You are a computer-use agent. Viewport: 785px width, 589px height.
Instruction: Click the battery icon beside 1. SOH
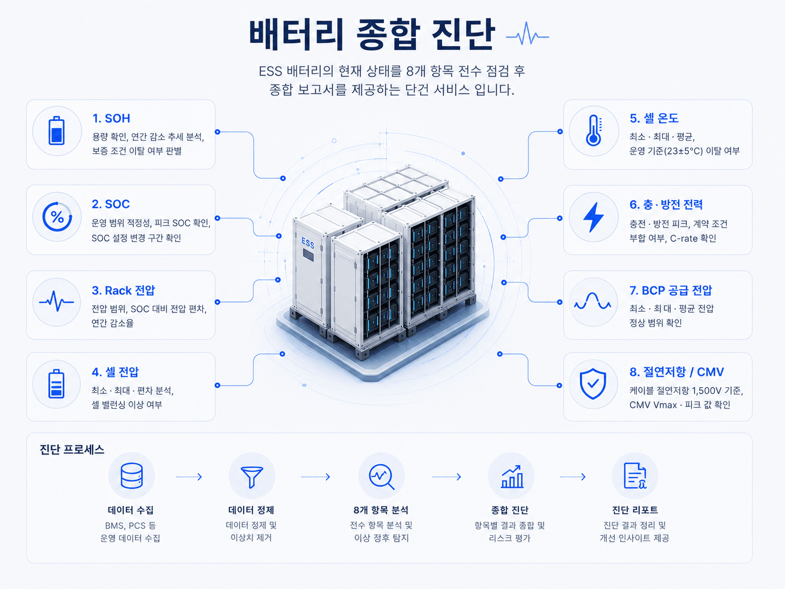click(x=56, y=131)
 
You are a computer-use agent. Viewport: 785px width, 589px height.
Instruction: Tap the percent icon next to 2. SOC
click(x=57, y=217)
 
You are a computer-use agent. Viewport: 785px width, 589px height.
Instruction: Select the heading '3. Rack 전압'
click(x=123, y=290)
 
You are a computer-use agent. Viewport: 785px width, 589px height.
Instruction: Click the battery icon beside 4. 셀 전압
click(x=56, y=384)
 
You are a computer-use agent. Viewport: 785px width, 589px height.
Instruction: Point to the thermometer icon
click(x=594, y=131)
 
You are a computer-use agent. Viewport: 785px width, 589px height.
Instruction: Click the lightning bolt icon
click(x=594, y=217)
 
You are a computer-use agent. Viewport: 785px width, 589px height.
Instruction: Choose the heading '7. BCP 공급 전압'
click(x=671, y=290)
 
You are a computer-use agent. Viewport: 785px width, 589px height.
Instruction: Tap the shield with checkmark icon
click(x=593, y=384)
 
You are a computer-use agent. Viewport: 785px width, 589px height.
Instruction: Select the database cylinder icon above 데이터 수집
click(x=132, y=476)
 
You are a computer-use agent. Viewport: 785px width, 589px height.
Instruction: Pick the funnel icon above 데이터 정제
click(x=252, y=477)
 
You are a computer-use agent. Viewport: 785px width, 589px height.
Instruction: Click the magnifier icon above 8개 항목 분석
click(x=381, y=477)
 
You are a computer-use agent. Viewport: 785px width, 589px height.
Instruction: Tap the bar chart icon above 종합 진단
click(x=512, y=476)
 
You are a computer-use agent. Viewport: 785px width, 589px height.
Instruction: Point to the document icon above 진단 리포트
click(x=635, y=476)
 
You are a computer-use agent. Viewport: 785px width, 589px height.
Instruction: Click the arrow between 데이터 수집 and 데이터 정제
click(x=189, y=477)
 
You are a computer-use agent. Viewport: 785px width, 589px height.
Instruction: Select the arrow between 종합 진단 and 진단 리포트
click(x=572, y=477)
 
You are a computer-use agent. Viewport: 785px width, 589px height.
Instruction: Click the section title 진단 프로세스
click(x=72, y=450)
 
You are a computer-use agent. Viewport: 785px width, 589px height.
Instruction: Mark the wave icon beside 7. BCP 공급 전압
click(x=593, y=301)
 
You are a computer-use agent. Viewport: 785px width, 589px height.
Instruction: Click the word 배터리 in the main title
click(x=296, y=35)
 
